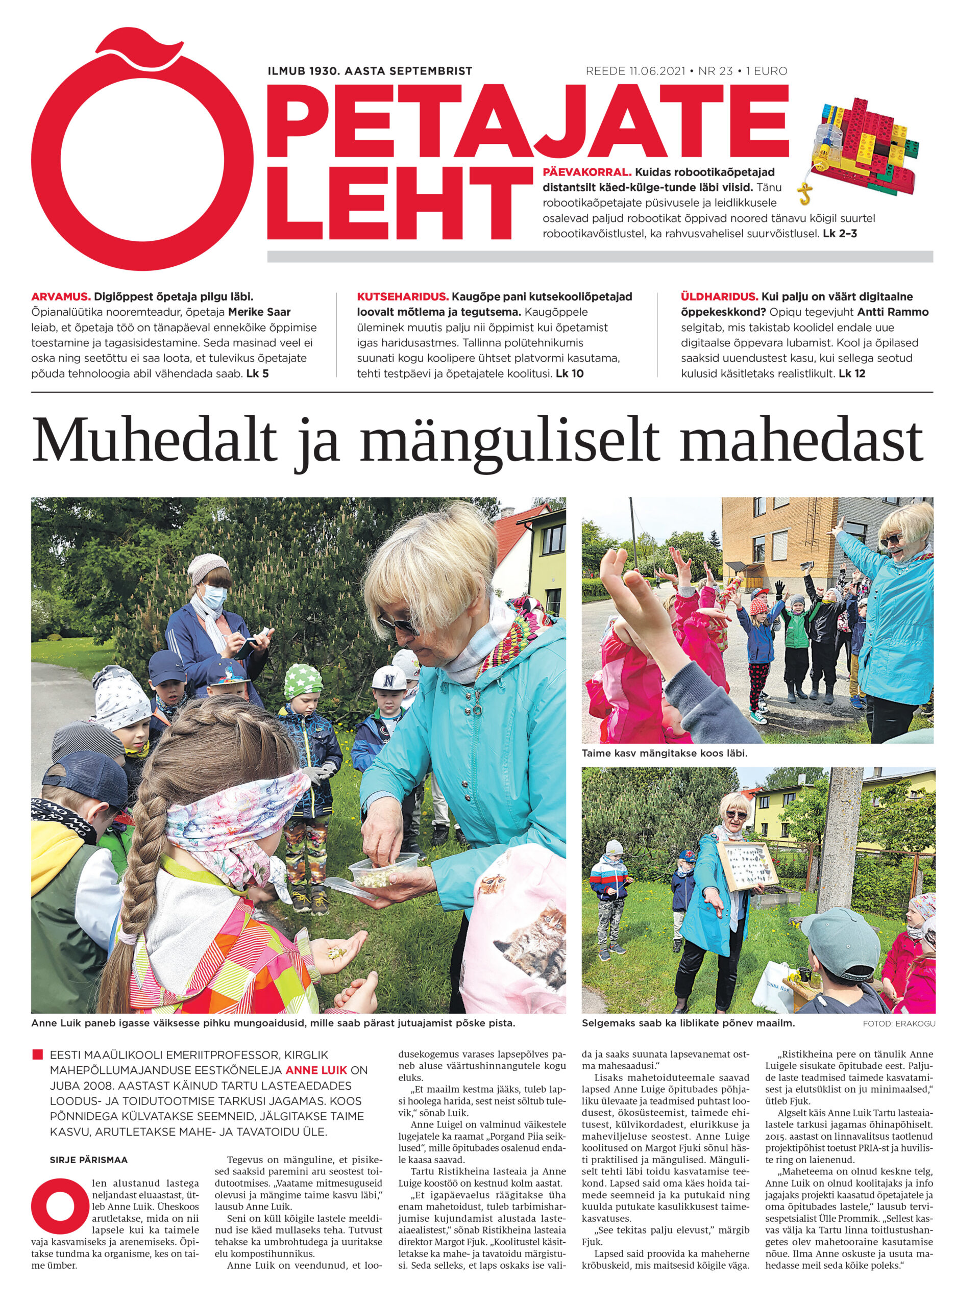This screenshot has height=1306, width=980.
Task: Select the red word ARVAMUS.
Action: (61, 296)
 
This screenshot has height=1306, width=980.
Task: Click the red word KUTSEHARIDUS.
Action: (402, 296)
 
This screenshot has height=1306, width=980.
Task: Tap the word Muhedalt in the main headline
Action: (154, 441)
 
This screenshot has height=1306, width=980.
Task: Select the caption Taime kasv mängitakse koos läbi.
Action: (665, 754)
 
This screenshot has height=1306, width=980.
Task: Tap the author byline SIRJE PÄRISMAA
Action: (89, 1160)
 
